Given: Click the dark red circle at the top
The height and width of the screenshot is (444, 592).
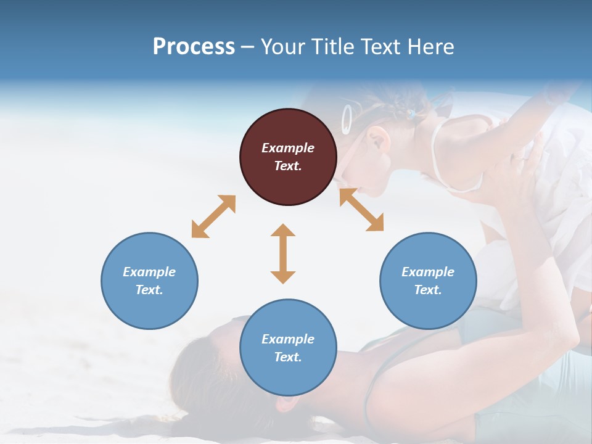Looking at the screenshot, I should (288, 157).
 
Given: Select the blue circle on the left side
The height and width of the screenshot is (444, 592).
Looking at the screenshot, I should (149, 281).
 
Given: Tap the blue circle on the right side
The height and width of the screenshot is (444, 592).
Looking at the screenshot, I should (428, 281).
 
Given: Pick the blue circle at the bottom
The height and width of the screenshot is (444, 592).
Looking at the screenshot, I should (288, 348).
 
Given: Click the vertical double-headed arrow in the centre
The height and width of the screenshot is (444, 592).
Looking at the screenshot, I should (283, 253).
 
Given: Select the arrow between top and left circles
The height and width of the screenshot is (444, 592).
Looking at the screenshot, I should (213, 216).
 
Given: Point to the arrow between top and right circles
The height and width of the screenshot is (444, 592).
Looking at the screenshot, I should (361, 210).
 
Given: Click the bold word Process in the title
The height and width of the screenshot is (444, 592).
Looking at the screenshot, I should (194, 47).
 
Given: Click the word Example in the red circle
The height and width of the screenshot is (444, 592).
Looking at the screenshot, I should (288, 148).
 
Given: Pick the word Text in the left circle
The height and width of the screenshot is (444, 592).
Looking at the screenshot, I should (149, 290).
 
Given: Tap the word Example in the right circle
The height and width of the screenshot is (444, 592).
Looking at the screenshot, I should (428, 272).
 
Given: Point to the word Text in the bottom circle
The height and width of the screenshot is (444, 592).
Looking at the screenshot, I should (288, 357).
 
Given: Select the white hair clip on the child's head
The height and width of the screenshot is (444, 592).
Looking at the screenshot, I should (347, 118).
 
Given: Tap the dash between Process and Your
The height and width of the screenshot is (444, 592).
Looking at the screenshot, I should (248, 47).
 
